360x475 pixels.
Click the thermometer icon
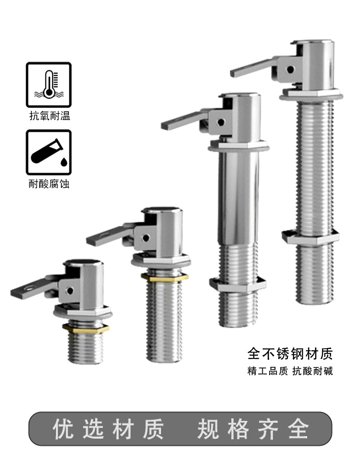[49, 85]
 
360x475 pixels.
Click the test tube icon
[49, 152]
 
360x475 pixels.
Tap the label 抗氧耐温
[49, 116]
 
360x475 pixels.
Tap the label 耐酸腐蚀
[49, 184]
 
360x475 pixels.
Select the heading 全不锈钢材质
[290, 353]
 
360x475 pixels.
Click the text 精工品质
[267, 371]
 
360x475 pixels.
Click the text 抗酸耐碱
[313, 371]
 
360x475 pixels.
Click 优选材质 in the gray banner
[108, 429]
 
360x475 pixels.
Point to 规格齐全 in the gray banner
[253, 429]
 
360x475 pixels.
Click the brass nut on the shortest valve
[85, 329]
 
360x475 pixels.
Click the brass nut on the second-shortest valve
[164, 277]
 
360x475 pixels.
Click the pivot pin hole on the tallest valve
[290, 69]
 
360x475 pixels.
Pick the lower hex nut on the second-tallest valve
[238, 285]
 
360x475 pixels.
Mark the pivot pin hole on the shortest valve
[70, 290]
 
